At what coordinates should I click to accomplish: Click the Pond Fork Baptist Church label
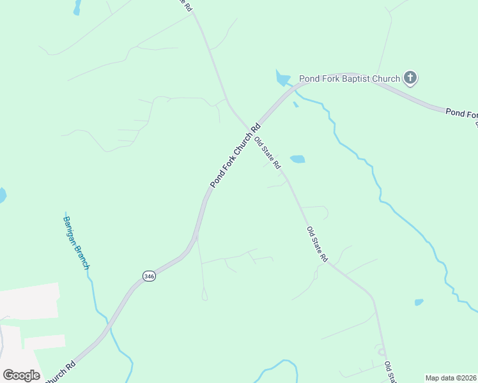coord(350,79)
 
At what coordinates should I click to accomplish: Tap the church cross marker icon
coord(410,79)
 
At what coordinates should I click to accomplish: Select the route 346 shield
coord(149,276)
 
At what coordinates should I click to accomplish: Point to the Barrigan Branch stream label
coord(75,242)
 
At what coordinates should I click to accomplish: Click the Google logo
coord(21,375)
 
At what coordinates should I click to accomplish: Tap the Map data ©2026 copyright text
coord(450,378)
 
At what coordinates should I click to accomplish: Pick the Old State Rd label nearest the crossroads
coord(267,153)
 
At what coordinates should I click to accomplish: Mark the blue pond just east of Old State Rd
coord(297,159)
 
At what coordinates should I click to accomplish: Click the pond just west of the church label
coord(282,79)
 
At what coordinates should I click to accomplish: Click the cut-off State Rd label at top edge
coord(183,4)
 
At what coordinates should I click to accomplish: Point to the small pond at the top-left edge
coord(77,7)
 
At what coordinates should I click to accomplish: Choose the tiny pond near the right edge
coord(419,302)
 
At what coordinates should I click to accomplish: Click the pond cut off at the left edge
coord(2,195)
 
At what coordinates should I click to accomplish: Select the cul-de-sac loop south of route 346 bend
coord(204,296)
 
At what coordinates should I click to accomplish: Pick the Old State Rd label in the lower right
coord(317,244)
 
